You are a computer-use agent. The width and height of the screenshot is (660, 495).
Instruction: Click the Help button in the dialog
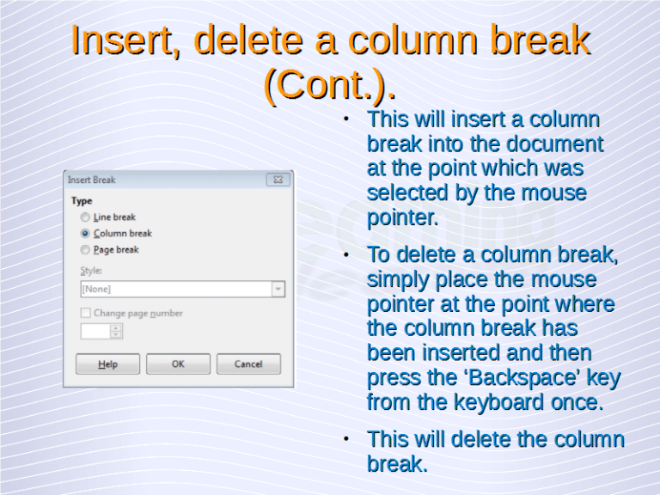(x=107, y=364)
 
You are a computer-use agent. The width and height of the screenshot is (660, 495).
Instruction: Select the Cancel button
(x=248, y=364)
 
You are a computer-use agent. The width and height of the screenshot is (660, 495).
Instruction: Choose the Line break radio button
(x=85, y=217)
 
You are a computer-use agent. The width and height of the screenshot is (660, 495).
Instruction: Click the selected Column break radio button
(x=85, y=234)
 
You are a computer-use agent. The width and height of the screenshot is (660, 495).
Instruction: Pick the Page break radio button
(x=85, y=250)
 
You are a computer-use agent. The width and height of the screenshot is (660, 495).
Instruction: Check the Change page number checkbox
(x=85, y=314)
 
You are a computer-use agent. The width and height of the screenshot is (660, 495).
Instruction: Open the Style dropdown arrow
(x=278, y=290)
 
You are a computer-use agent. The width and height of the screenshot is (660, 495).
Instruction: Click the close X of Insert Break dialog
(x=277, y=180)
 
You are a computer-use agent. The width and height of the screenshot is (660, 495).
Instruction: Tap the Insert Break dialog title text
(x=92, y=180)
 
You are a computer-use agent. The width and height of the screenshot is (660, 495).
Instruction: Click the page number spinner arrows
(x=116, y=331)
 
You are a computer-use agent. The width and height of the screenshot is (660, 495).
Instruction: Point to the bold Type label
(x=82, y=201)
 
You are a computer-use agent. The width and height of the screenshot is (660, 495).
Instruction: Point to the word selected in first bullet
(x=408, y=193)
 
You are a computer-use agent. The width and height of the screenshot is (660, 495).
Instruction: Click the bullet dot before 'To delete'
(x=345, y=255)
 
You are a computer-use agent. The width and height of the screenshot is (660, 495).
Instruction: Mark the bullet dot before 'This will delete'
(x=345, y=439)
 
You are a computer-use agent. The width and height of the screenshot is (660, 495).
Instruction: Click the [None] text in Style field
(x=96, y=290)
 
